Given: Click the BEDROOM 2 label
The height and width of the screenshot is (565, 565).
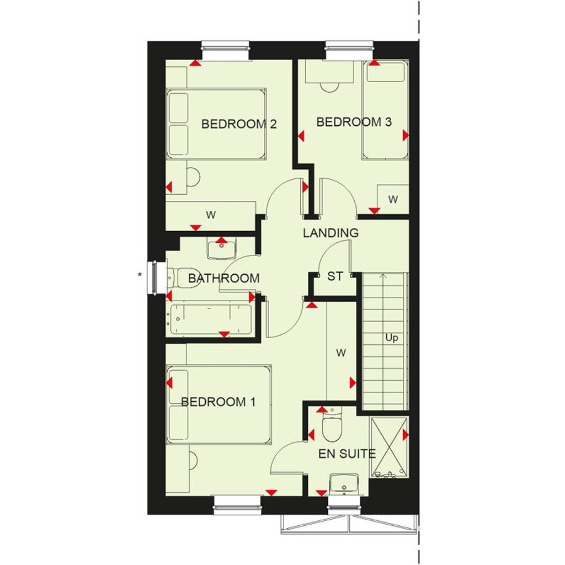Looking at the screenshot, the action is [239, 124].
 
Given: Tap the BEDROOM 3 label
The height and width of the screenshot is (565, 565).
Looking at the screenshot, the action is [354, 122].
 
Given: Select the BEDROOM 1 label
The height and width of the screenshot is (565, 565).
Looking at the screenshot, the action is [218, 402].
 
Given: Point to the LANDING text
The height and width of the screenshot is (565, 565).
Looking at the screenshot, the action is [331, 233].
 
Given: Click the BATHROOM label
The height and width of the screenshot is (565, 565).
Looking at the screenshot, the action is [224, 278].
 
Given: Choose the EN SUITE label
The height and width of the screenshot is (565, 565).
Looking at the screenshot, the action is [347, 454].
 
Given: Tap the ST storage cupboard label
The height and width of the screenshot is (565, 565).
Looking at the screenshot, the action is [335, 276].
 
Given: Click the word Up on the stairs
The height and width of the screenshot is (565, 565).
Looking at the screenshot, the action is [392, 338].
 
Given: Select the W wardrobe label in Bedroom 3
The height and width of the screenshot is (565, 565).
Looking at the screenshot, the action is [393, 199].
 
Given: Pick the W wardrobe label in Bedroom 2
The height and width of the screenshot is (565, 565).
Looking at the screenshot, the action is [211, 215].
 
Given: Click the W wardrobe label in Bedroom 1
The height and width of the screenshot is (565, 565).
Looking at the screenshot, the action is [341, 353].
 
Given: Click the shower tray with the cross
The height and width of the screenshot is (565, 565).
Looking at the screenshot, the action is [389, 447].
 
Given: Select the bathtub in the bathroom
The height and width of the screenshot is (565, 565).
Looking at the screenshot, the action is [211, 320].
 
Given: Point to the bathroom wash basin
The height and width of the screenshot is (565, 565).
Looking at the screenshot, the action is [221, 248].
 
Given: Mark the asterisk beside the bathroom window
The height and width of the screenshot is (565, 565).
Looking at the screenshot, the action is [140, 275].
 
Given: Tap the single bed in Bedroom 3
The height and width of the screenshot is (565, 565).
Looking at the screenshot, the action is [386, 110].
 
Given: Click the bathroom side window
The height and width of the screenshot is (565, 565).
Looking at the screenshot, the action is [155, 278].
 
